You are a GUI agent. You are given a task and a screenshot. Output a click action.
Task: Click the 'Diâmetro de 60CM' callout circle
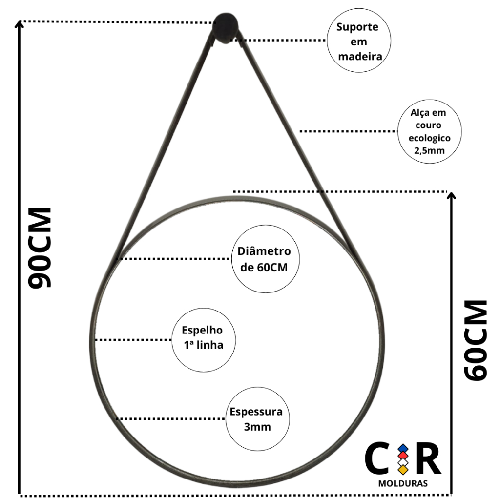(x=265, y=259)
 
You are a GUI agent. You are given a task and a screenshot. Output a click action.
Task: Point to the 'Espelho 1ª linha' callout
(x=204, y=338)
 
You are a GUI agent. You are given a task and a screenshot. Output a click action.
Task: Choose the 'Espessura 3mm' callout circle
(x=257, y=419)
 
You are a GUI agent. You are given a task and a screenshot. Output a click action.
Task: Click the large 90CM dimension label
(x=40, y=248)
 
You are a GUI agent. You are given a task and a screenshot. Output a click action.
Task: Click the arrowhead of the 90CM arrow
(x=19, y=24)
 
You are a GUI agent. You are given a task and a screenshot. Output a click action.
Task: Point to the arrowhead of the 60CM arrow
(x=452, y=196)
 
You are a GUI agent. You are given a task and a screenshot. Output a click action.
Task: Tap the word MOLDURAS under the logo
(x=403, y=484)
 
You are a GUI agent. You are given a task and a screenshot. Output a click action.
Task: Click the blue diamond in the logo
(x=403, y=448)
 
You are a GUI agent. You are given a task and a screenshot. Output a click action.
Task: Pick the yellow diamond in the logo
(x=403, y=470)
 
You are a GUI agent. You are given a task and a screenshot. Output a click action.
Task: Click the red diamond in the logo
(x=403, y=455)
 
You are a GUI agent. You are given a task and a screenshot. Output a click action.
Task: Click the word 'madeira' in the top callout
(x=359, y=56)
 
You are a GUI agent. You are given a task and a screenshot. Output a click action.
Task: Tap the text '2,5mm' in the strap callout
(x=429, y=150)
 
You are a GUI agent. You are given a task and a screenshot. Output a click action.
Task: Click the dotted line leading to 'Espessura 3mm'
(x=171, y=419)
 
